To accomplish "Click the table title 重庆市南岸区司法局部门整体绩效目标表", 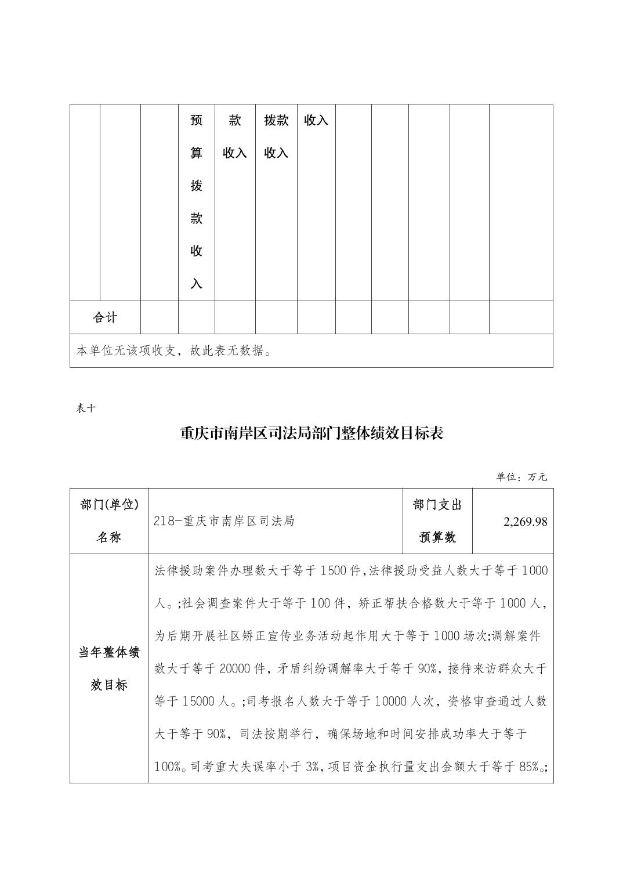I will (x=311, y=433).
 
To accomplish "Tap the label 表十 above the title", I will (x=86, y=408).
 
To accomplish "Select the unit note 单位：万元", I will (x=521, y=477).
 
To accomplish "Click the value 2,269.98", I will (x=525, y=521).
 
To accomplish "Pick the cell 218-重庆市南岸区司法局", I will (x=224, y=521).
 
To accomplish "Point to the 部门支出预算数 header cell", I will (x=437, y=521).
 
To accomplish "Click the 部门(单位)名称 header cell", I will (x=109, y=521).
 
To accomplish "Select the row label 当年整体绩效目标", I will (x=109, y=668).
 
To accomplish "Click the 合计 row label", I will (x=105, y=317).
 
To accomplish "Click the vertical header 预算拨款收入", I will (x=197, y=202).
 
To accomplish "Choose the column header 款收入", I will (x=235, y=136).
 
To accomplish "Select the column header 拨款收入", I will (x=276, y=136).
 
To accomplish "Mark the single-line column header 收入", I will (x=316, y=120).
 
